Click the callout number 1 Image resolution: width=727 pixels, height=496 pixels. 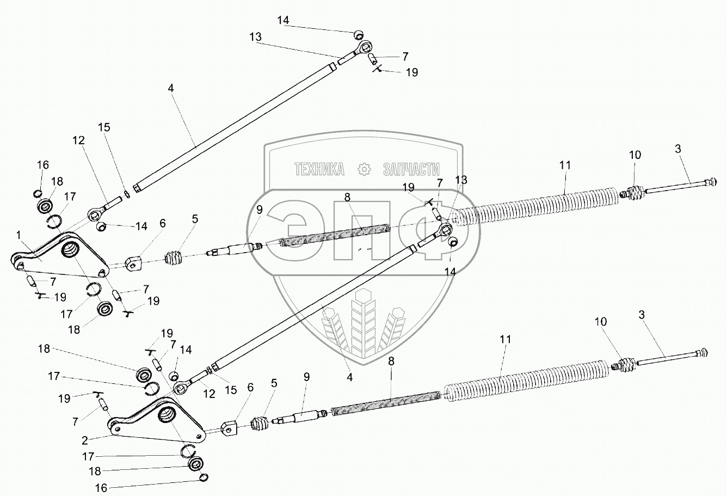click(19, 236)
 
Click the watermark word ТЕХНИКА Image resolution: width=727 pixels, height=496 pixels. click(319, 169)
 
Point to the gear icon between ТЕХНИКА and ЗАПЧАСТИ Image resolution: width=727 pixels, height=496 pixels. click(363, 169)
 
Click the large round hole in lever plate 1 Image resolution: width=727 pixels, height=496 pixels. click(70, 252)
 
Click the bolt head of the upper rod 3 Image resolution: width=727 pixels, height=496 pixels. click(714, 181)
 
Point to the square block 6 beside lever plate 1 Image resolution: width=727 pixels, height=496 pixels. click(134, 264)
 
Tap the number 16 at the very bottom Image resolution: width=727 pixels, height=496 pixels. click(101, 488)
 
